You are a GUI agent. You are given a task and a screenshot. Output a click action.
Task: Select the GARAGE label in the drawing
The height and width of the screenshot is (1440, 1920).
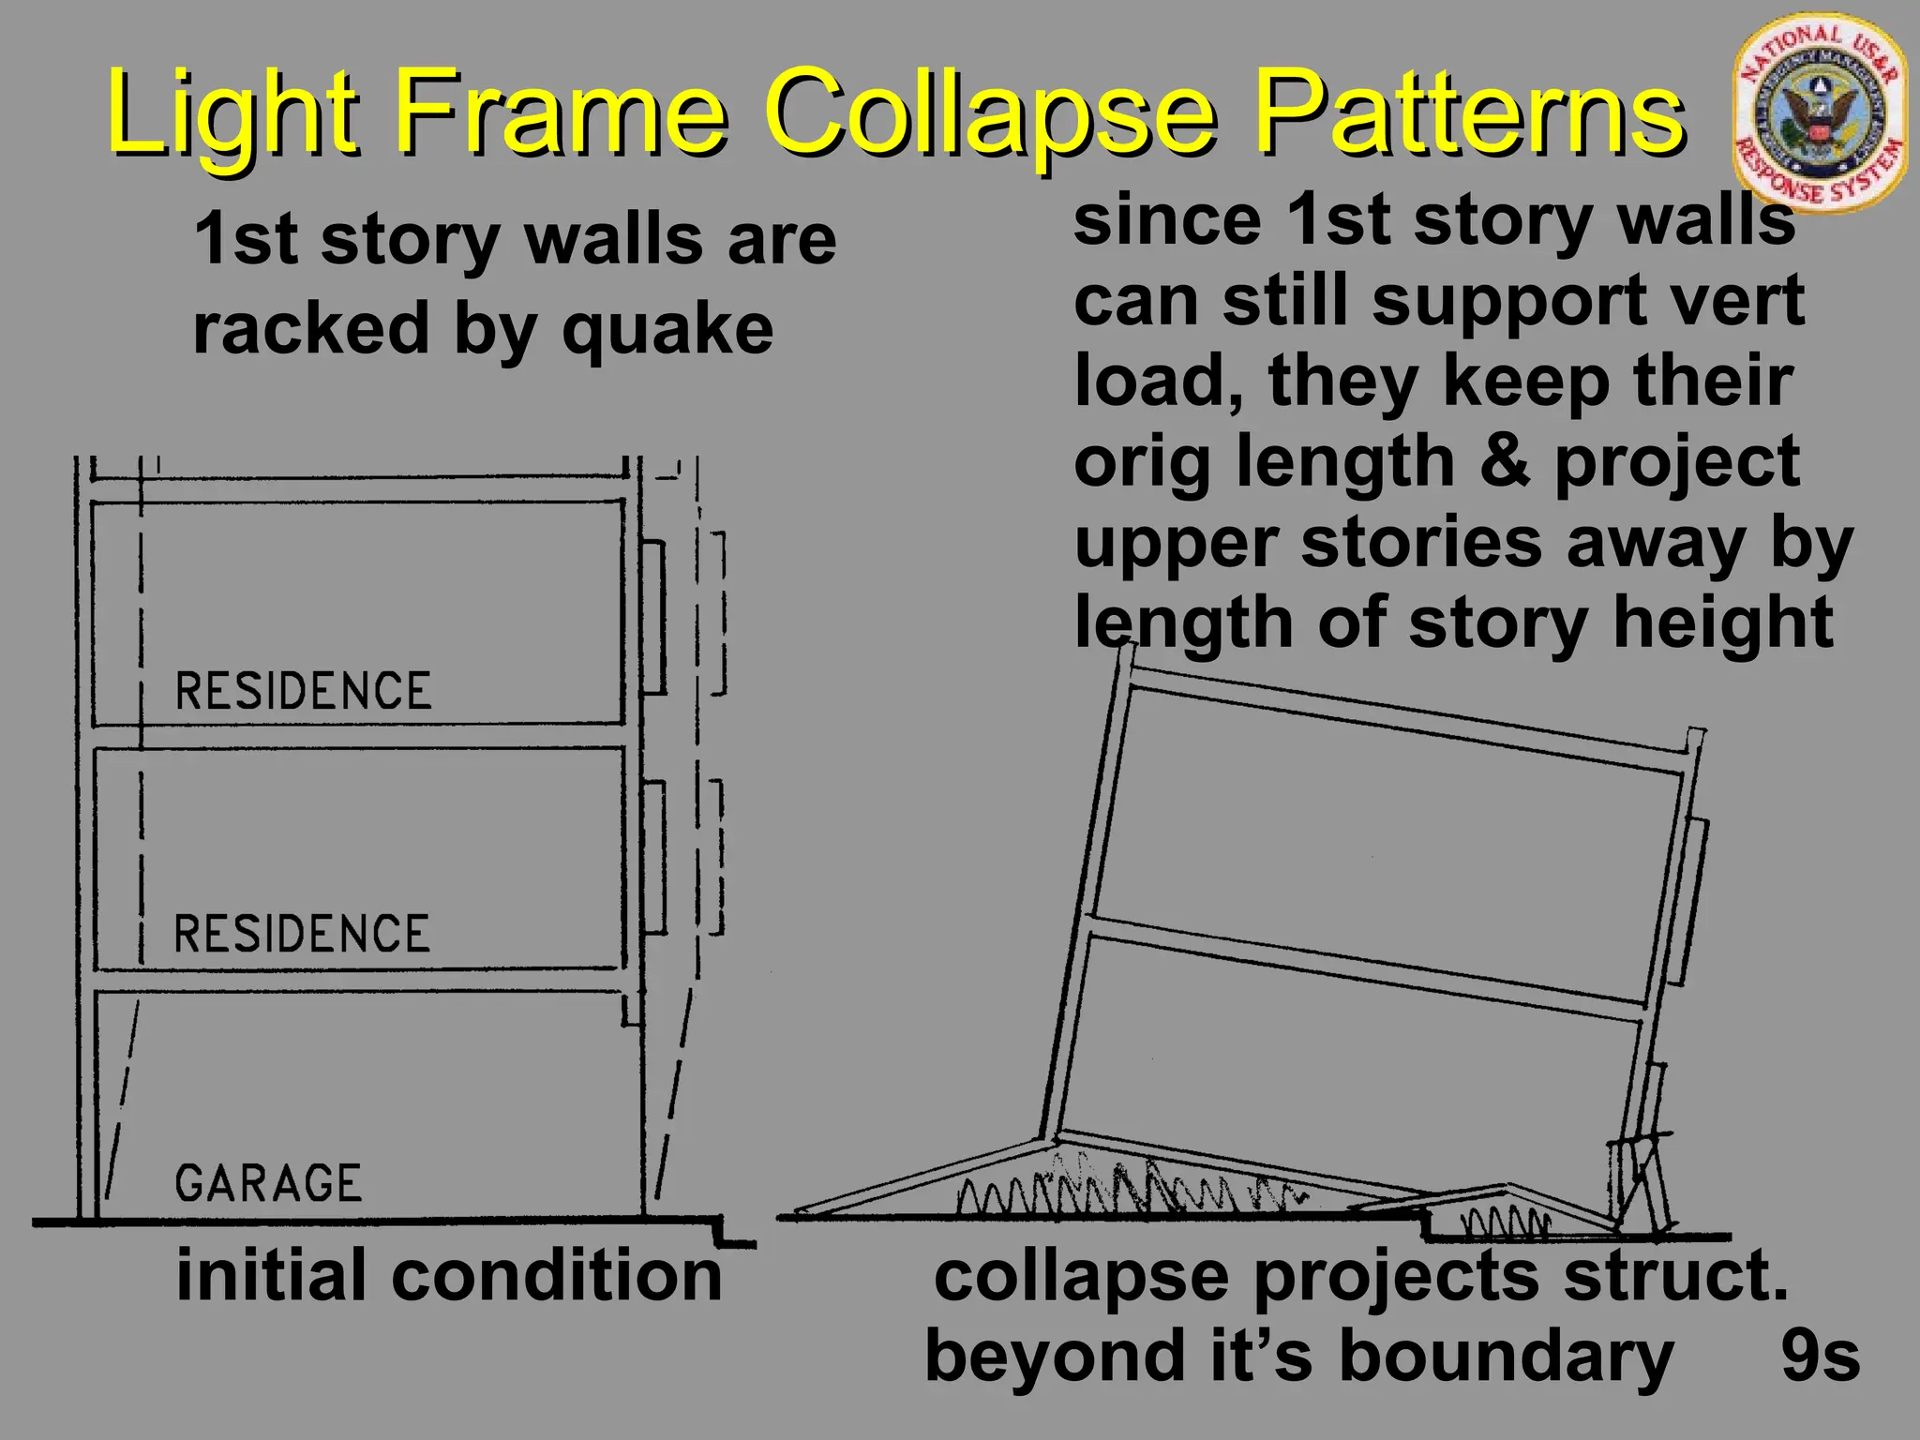(x=268, y=1183)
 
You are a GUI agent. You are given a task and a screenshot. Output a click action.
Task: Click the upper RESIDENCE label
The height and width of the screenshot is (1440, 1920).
(x=303, y=691)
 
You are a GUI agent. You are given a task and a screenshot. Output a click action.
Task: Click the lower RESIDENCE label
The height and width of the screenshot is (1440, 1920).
(x=302, y=934)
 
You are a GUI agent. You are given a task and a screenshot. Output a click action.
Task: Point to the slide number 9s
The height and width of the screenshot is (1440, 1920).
(x=1820, y=1356)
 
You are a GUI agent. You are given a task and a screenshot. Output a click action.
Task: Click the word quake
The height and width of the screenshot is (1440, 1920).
(x=667, y=329)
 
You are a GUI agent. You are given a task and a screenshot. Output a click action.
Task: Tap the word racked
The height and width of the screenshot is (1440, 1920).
(x=310, y=329)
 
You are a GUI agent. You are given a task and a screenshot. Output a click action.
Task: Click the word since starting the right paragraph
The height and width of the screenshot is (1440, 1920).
(x=1167, y=221)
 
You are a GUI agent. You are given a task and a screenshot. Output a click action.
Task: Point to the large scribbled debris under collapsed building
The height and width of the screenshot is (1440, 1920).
(x=1125, y=1191)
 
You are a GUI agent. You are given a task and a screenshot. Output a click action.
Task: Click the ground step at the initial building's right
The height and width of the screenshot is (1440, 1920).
(x=720, y=1231)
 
